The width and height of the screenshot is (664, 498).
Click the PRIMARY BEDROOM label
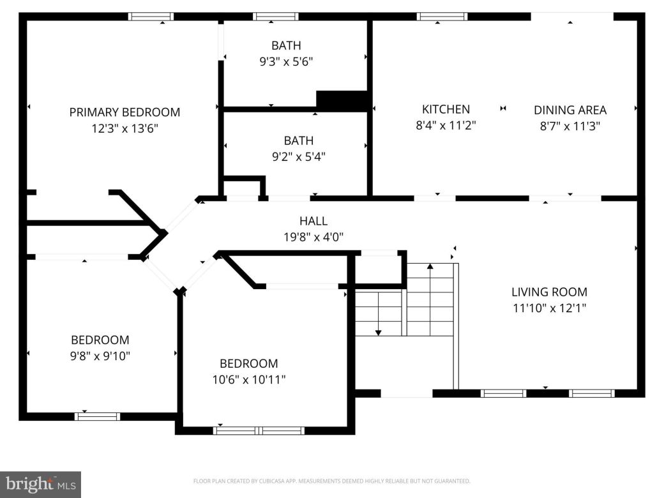124,112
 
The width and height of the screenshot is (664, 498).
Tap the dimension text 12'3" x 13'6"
124,128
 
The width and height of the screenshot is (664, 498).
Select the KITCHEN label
446,110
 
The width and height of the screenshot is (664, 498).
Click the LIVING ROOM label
549,292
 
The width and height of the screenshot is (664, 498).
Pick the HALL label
313,222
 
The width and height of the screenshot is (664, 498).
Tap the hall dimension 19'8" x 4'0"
313,237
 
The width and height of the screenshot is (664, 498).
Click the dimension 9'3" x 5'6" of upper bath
285,62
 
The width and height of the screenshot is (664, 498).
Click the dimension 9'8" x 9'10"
100,356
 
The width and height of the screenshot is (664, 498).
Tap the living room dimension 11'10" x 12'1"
549,308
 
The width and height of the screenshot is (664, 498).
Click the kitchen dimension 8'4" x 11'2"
446,126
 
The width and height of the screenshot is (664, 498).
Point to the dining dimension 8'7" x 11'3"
570,126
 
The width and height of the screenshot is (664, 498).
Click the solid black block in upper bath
342,100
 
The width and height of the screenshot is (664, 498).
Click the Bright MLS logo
40,484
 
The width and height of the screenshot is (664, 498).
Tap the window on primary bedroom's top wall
151,17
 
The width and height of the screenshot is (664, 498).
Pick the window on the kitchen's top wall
442,17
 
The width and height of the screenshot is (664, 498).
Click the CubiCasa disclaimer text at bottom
331,481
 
